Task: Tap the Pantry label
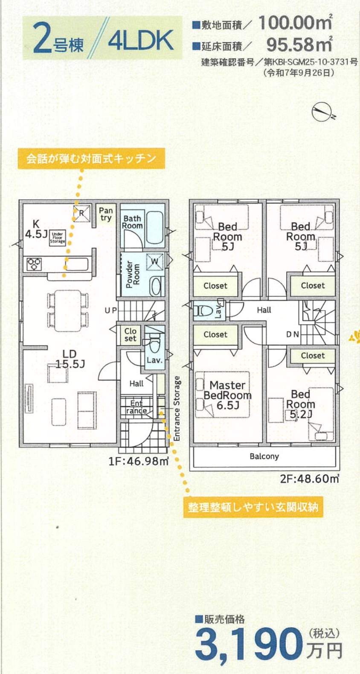[x=106, y=214]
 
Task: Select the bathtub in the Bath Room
[x=154, y=226]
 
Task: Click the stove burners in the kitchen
[x=34, y=264]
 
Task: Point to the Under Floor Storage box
[x=58, y=238]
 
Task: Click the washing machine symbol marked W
[x=154, y=261]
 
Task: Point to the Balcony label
[x=264, y=456]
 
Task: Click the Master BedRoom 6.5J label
[x=227, y=395]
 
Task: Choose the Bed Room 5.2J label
[x=301, y=404]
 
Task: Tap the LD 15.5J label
[x=70, y=359]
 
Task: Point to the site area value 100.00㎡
[x=295, y=23]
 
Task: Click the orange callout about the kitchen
[x=91, y=158]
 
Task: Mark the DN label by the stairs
[x=293, y=334]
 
